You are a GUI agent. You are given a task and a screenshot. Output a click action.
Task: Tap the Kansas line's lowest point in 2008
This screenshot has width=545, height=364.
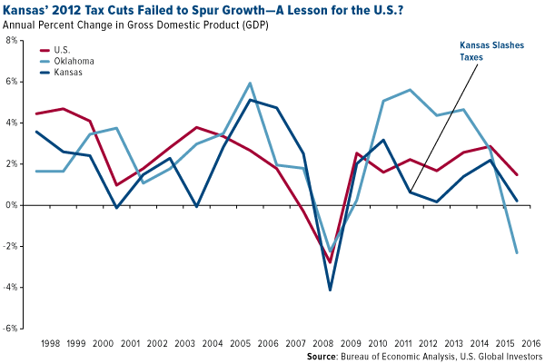[x=330, y=290]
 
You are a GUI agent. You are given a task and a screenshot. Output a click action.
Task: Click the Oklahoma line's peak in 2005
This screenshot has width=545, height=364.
[x=250, y=84]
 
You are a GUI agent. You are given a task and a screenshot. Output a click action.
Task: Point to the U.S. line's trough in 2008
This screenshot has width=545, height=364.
[x=330, y=261]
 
